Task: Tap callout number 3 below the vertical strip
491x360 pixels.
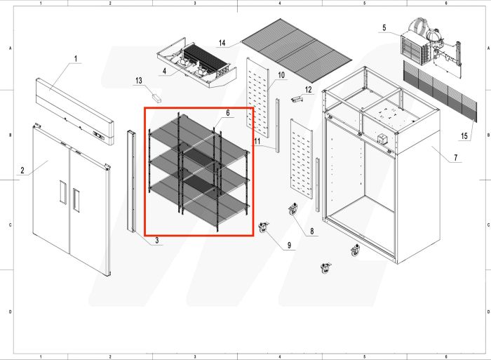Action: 157,241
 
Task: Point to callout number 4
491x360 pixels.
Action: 163,71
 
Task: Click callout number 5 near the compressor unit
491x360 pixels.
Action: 384,28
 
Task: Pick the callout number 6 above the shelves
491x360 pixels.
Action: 227,113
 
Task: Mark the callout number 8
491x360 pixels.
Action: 311,231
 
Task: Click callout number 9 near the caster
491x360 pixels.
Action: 289,245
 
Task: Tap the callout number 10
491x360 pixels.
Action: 281,74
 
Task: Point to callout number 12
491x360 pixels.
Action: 307,89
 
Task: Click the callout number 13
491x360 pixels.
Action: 138,81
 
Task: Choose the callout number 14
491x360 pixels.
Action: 222,43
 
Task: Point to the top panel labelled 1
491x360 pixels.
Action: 74,108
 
